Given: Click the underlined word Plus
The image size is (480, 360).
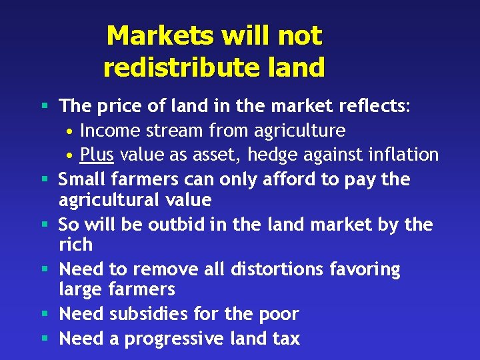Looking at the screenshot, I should point(97,155).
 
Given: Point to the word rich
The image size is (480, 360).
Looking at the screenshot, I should point(75,245).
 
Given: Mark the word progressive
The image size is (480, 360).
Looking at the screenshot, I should point(176,339).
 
